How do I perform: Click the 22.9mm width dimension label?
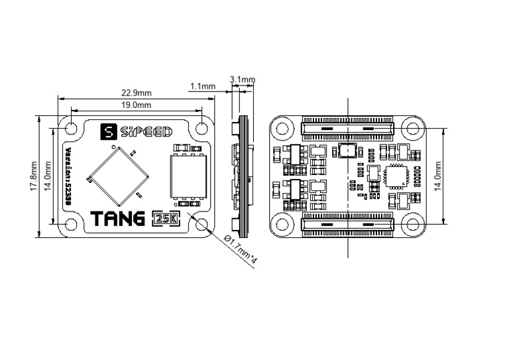(x=135, y=93)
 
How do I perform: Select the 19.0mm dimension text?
(x=136, y=105)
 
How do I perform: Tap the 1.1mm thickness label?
(x=202, y=86)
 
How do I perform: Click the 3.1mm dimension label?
(x=242, y=80)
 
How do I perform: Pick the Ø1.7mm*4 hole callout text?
(x=240, y=251)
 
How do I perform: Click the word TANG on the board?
(x=118, y=218)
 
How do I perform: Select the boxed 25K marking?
(x=164, y=218)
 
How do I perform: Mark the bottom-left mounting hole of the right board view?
(x=283, y=225)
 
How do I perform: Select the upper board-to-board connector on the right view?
(x=347, y=128)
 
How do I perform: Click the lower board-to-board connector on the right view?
(x=347, y=225)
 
